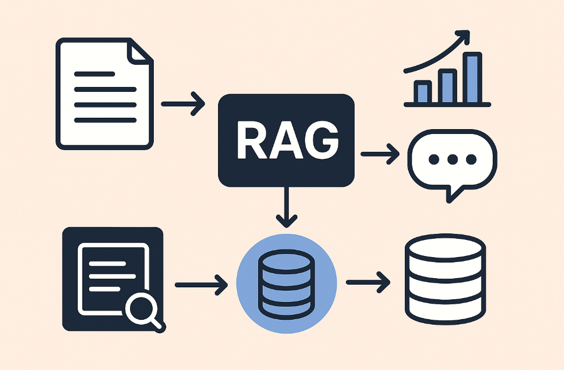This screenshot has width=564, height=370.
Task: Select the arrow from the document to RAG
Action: (x=183, y=103)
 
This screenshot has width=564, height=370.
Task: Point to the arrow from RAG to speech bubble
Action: (x=379, y=154)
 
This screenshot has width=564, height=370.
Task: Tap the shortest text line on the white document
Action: (x=94, y=73)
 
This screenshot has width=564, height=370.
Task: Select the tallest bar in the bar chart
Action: (x=473, y=78)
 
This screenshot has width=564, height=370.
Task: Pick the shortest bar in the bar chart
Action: (x=423, y=92)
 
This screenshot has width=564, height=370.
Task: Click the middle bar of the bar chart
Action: (x=447, y=86)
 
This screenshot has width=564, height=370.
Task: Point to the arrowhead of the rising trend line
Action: (x=463, y=38)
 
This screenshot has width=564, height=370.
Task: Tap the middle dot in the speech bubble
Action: (x=452, y=159)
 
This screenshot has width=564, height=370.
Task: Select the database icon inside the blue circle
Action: (x=287, y=283)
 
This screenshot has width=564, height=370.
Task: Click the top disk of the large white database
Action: (x=445, y=250)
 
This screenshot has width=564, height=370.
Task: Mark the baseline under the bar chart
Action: (x=447, y=104)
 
